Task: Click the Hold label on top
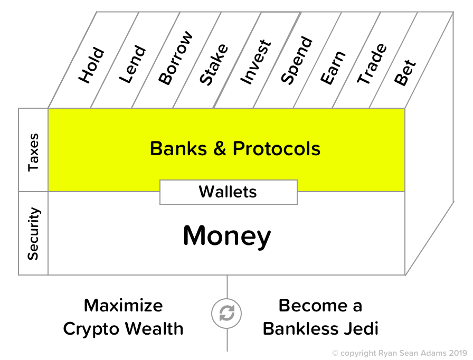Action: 92,66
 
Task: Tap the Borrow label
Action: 175,58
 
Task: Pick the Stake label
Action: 214,64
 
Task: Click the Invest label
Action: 256,61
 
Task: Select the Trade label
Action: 372,64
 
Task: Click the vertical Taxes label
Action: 33,150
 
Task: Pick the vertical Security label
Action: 33,233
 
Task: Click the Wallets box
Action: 228,192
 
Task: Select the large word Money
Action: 227,236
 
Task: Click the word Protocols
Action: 277,148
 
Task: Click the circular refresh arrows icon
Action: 227,314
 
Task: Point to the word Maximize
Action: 124,305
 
